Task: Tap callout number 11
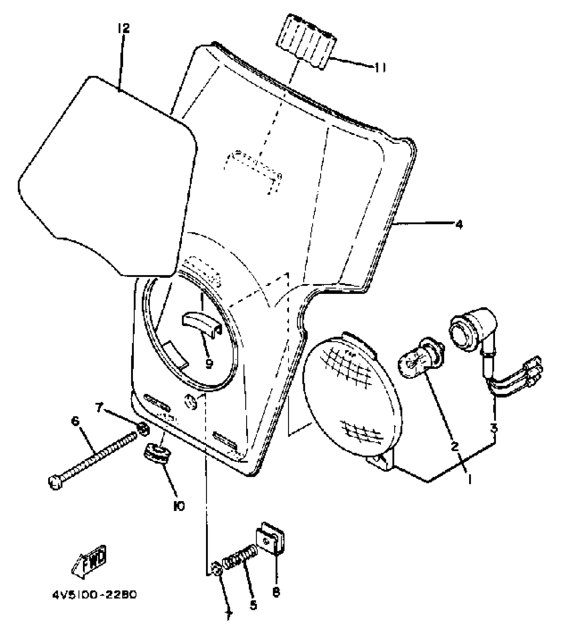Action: coord(380,68)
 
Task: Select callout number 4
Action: coord(458,225)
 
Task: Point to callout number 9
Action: coord(209,364)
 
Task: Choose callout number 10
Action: coord(179,506)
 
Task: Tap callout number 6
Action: coord(75,422)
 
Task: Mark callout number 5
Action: coord(253,605)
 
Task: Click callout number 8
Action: coord(276,591)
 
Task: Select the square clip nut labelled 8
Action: coord(271,543)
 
